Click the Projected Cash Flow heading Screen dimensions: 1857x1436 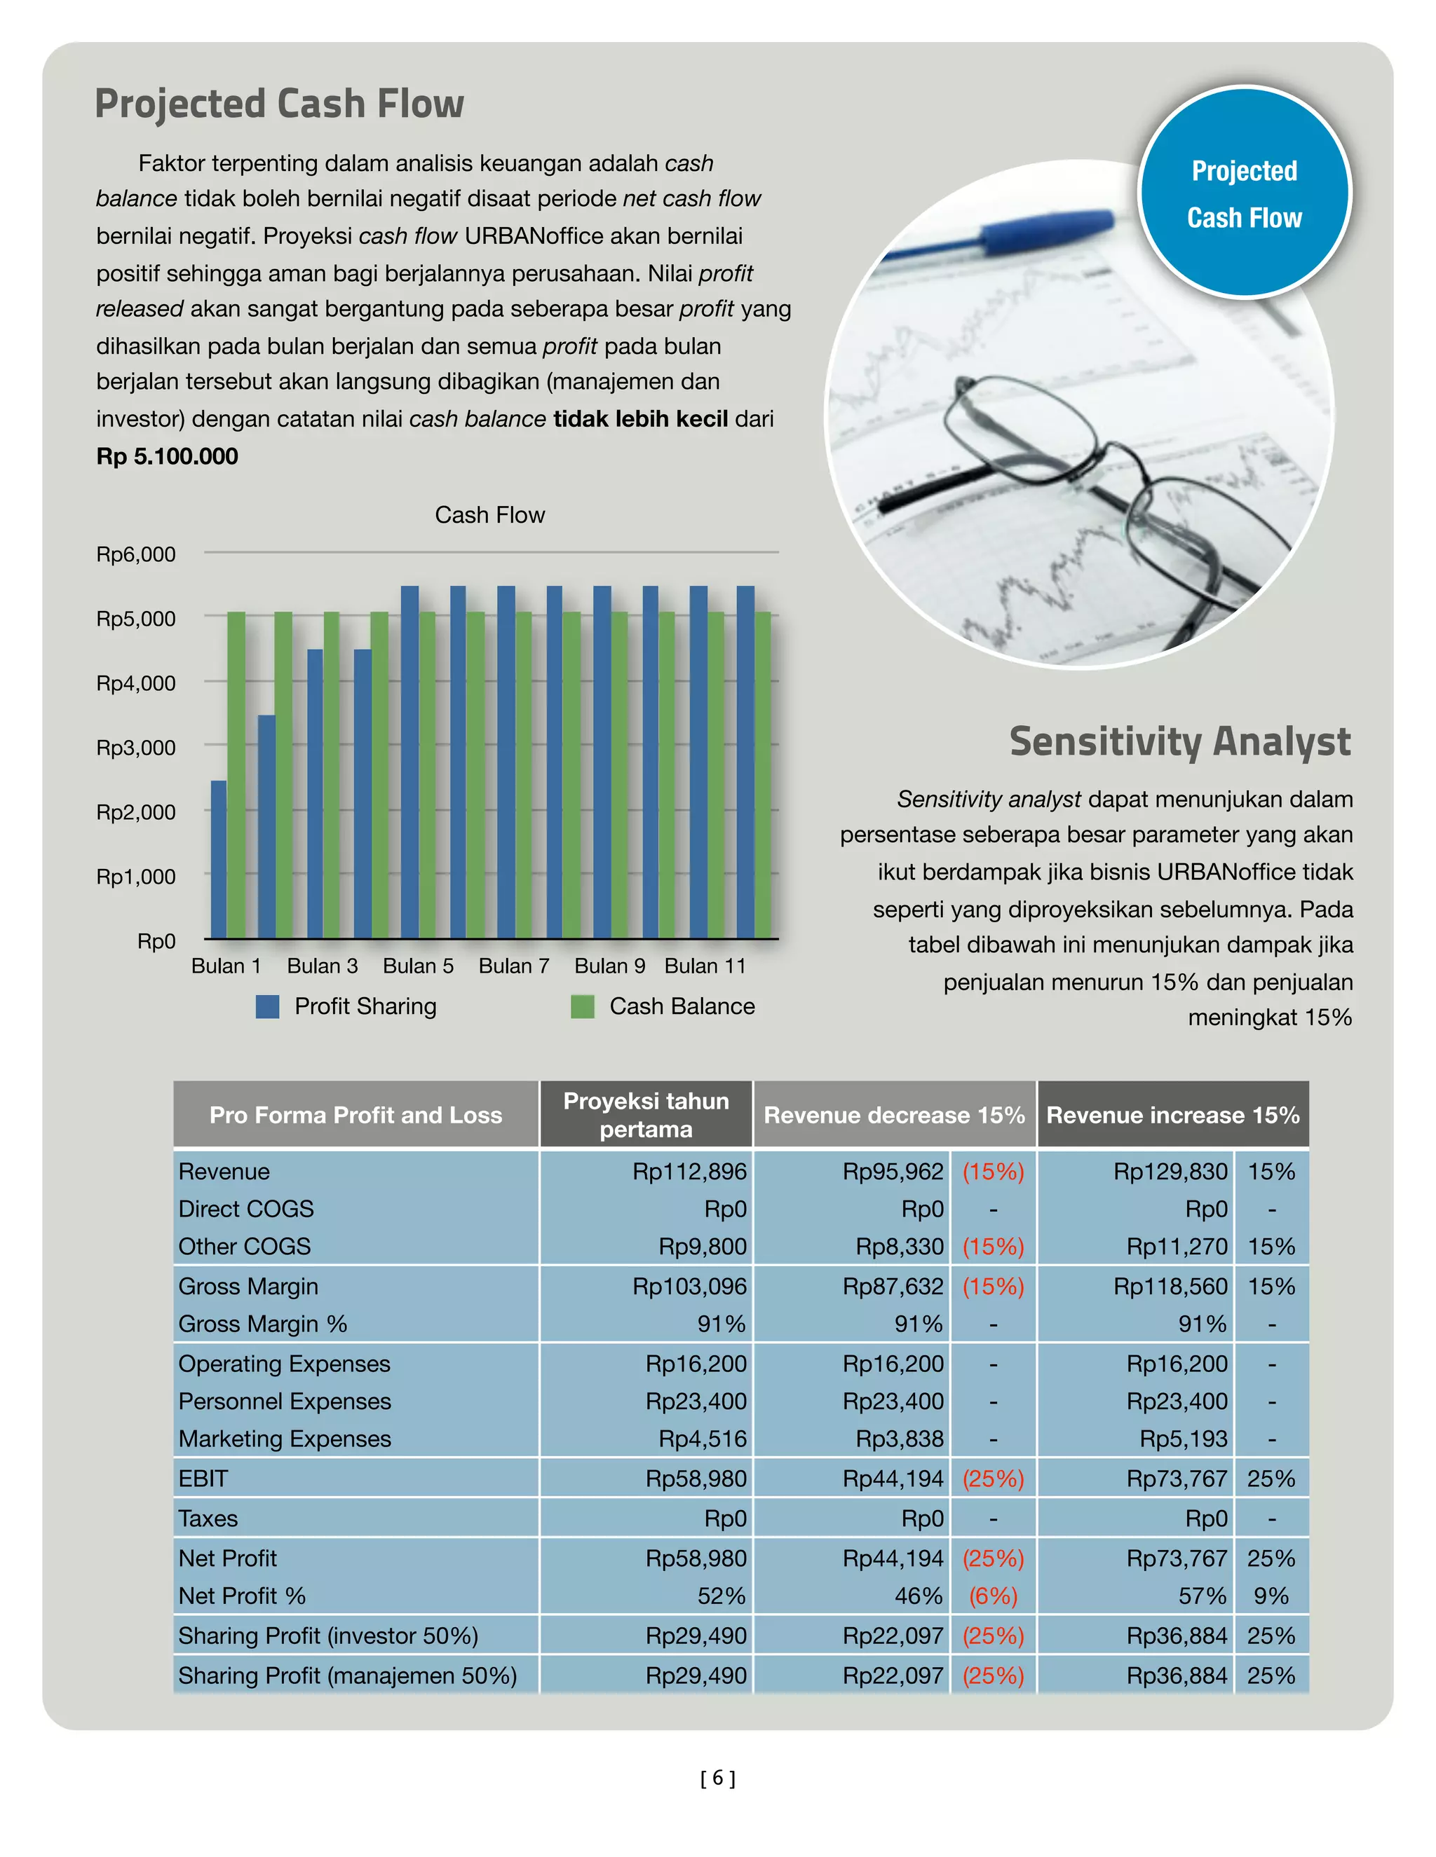[x=279, y=104]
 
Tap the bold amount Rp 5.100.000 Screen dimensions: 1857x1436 [x=168, y=457]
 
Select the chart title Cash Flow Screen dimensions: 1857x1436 [x=489, y=515]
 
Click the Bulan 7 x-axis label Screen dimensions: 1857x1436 [x=514, y=966]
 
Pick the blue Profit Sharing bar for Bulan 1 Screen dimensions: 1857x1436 [x=219, y=859]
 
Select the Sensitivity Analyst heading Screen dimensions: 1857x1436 [x=1179, y=741]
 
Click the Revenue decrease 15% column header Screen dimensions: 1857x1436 [x=894, y=1116]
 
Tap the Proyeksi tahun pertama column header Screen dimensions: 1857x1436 [x=646, y=1116]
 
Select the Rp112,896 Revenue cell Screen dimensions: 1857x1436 [x=689, y=1172]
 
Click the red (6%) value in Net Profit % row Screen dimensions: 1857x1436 [x=993, y=1596]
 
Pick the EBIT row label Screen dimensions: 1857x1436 [x=203, y=1479]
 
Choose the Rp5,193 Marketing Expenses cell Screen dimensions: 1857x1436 [x=1184, y=1439]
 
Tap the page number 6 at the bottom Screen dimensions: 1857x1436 [x=718, y=1777]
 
